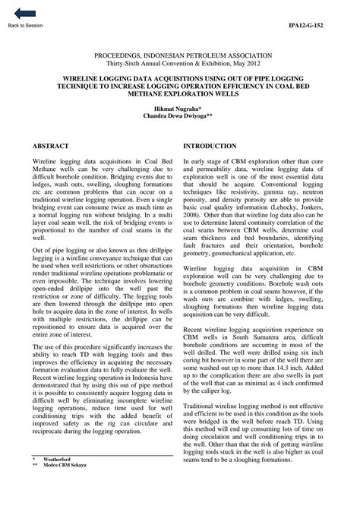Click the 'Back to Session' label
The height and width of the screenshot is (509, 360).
(x=25, y=25)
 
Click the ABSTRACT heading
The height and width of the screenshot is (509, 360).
(x=51, y=145)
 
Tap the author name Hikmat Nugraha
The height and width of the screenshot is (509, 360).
(x=179, y=110)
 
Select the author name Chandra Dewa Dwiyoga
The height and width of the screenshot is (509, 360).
(x=179, y=119)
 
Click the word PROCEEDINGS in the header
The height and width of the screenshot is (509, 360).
(x=123, y=56)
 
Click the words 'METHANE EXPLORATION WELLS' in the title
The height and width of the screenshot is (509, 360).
(x=179, y=96)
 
